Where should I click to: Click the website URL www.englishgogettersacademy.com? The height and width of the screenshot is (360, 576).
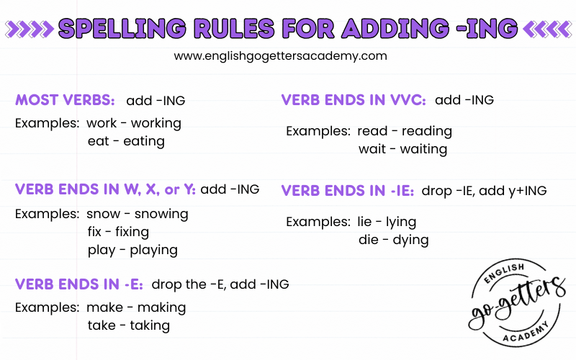pyautogui.click(x=280, y=56)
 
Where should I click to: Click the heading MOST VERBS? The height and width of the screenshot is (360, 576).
pyautogui.click(x=65, y=100)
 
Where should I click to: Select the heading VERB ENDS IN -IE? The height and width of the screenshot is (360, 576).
pyautogui.click(x=348, y=191)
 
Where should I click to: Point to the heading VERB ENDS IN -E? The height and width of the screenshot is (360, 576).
pyautogui.click(x=79, y=284)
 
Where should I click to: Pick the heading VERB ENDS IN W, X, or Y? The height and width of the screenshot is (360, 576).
pyautogui.click(x=105, y=189)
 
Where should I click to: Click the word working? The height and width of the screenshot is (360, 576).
pyautogui.click(x=156, y=123)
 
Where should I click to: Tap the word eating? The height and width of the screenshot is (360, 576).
pyautogui.click(x=144, y=141)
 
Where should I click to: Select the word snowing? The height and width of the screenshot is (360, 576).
pyautogui.click(x=161, y=214)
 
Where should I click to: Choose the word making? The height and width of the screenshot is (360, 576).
pyautogui.click(x=161, y=307)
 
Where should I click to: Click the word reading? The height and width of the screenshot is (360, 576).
pyautogui.click(x=427, y=131)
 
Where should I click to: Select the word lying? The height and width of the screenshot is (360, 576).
pyautogui.click(x=401, y=222)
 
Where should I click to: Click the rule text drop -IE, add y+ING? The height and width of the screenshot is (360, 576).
pyautogui.click(x=484, y=191)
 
